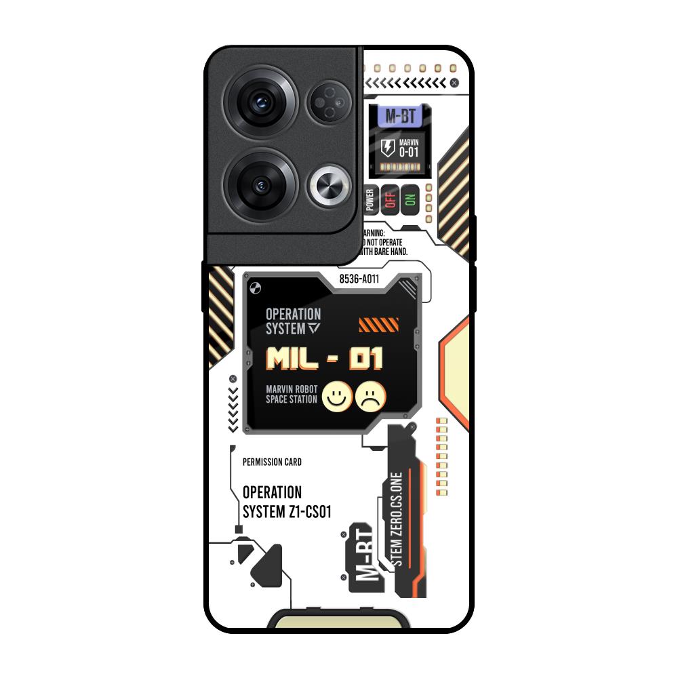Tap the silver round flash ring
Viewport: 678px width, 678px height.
pos(330,184)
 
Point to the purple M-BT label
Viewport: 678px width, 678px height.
pos(399,116)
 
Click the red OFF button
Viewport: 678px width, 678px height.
pos(389,200)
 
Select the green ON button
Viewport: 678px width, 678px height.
pos(409,200)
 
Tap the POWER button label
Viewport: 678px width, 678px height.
pos(370,200)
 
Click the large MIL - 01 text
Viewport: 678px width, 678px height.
pos(324,359)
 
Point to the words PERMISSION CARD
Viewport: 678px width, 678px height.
pos(272,462)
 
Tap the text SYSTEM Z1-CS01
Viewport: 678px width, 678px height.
pos(287,512)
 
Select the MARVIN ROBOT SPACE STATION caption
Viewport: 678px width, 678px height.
pos(292,394)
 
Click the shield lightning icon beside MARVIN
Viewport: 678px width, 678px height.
pos(387,148)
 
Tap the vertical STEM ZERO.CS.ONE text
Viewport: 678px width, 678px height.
pos(397,519)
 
